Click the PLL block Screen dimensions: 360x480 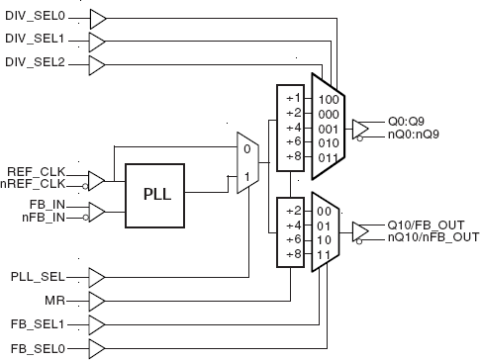tap(156, 194)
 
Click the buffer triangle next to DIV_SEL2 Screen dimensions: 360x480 tap(100, 66)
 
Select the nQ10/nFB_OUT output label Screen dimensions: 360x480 tap(432, 237)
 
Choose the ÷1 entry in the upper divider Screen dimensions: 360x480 tap(292, 99)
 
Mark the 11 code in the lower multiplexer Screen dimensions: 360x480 tap(324, 255)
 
